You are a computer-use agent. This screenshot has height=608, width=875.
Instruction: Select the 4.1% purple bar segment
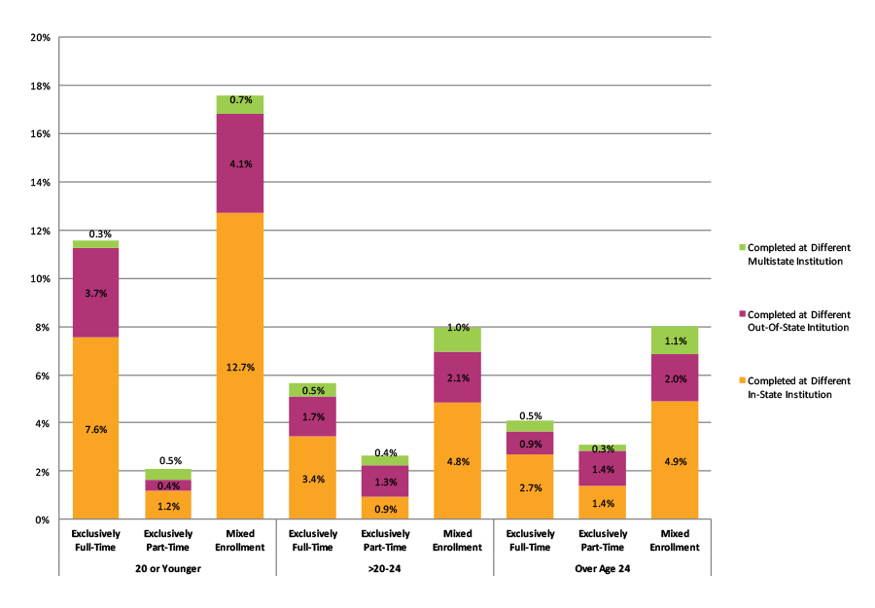coord(240,163)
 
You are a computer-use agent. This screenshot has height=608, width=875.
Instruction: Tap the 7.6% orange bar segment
coord(94,428)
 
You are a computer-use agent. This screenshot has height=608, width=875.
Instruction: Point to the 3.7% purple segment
coord(94,293)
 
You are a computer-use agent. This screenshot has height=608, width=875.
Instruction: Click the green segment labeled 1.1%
coord(675,340)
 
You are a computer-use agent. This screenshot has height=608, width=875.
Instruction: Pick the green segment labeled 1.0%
coord(457,340)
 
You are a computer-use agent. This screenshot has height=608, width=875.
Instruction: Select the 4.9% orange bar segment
coord(675,460)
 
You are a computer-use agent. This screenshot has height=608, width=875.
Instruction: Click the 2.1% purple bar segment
coord(457,377)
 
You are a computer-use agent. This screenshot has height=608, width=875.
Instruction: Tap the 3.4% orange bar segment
coord(312,478)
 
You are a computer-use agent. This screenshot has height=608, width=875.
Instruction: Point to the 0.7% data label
coord(240,100)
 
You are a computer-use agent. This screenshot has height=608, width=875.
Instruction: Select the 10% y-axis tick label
coord(41,278)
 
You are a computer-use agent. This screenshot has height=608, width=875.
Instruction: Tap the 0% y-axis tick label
coord(44,519)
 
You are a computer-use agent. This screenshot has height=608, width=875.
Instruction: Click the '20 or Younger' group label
coord(167,568)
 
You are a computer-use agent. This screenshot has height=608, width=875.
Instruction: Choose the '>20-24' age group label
coord(385,568)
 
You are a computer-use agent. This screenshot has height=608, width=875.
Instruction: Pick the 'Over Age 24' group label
coord(602,568)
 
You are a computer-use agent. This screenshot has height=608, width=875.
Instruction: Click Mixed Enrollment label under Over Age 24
coord(675,541)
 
